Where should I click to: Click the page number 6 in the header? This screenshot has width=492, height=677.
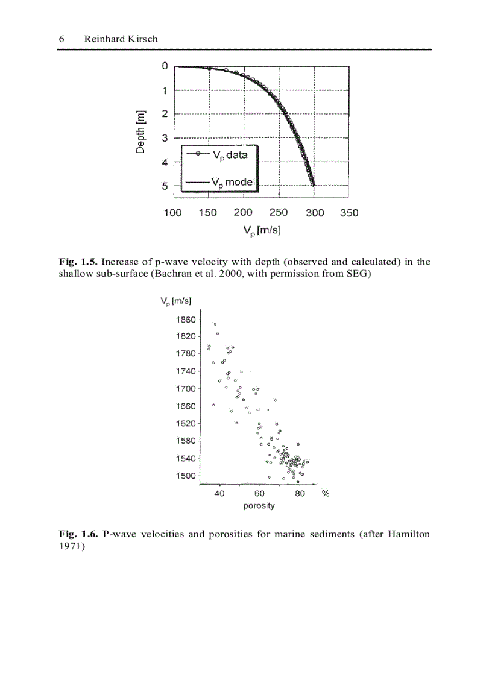coord(61,39)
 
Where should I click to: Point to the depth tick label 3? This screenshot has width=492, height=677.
coord(165,138)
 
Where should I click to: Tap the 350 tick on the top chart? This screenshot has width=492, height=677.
coord(348,213)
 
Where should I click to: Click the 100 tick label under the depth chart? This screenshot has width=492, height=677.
coord(172,213)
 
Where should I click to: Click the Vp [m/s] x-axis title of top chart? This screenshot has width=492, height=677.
coord(262,230)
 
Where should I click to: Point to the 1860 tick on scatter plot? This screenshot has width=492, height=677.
coord(186,320)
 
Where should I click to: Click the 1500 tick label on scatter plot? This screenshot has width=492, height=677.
coord(186,476)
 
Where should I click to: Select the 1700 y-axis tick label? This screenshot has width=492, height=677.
coord(186,389)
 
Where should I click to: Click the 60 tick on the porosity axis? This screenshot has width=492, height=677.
coord(260,493)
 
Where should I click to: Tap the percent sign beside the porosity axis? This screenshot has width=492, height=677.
coord(325,493)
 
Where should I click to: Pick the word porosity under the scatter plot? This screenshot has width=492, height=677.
coord(259,506)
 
